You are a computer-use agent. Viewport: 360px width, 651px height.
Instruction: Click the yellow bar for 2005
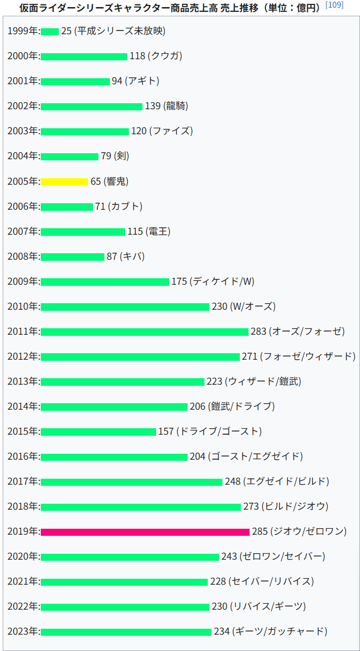[x=64, y=181]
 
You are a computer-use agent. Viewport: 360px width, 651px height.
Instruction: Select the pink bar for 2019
[x=145, y=531]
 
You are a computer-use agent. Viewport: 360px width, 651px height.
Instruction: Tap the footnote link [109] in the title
[x=334, y=5]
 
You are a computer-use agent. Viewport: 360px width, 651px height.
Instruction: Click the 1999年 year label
[x=23, y=31]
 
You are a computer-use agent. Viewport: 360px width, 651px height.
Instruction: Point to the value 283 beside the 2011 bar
[x=258, y=331]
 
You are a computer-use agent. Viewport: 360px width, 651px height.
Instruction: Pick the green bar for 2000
[x=84, y=57]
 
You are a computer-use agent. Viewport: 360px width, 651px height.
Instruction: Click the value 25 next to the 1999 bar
[x=66, y=31]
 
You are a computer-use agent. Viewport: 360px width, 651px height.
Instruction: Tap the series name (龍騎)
[x=175, y=106]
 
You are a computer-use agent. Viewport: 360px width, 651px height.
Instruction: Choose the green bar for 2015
[x=98, y=431]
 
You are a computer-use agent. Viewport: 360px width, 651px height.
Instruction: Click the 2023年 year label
[x=23, y=631]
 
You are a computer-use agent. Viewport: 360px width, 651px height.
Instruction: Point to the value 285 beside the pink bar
[x=260, y=531]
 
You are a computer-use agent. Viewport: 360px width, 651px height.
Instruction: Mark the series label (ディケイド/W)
[x=222, y=281]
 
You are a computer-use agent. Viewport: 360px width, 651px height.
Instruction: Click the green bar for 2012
[x=140, y=356]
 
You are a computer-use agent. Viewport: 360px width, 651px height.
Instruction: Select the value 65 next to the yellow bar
[x=96, y=181]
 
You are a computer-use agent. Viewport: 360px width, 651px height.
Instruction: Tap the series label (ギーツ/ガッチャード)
[x=280, y=631]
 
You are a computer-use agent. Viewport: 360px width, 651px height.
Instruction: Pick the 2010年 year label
[x=23, y=306]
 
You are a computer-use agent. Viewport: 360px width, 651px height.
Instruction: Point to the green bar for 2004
[x=69, y=157]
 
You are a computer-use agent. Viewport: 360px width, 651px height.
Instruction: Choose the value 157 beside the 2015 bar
[x=166, y=431]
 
